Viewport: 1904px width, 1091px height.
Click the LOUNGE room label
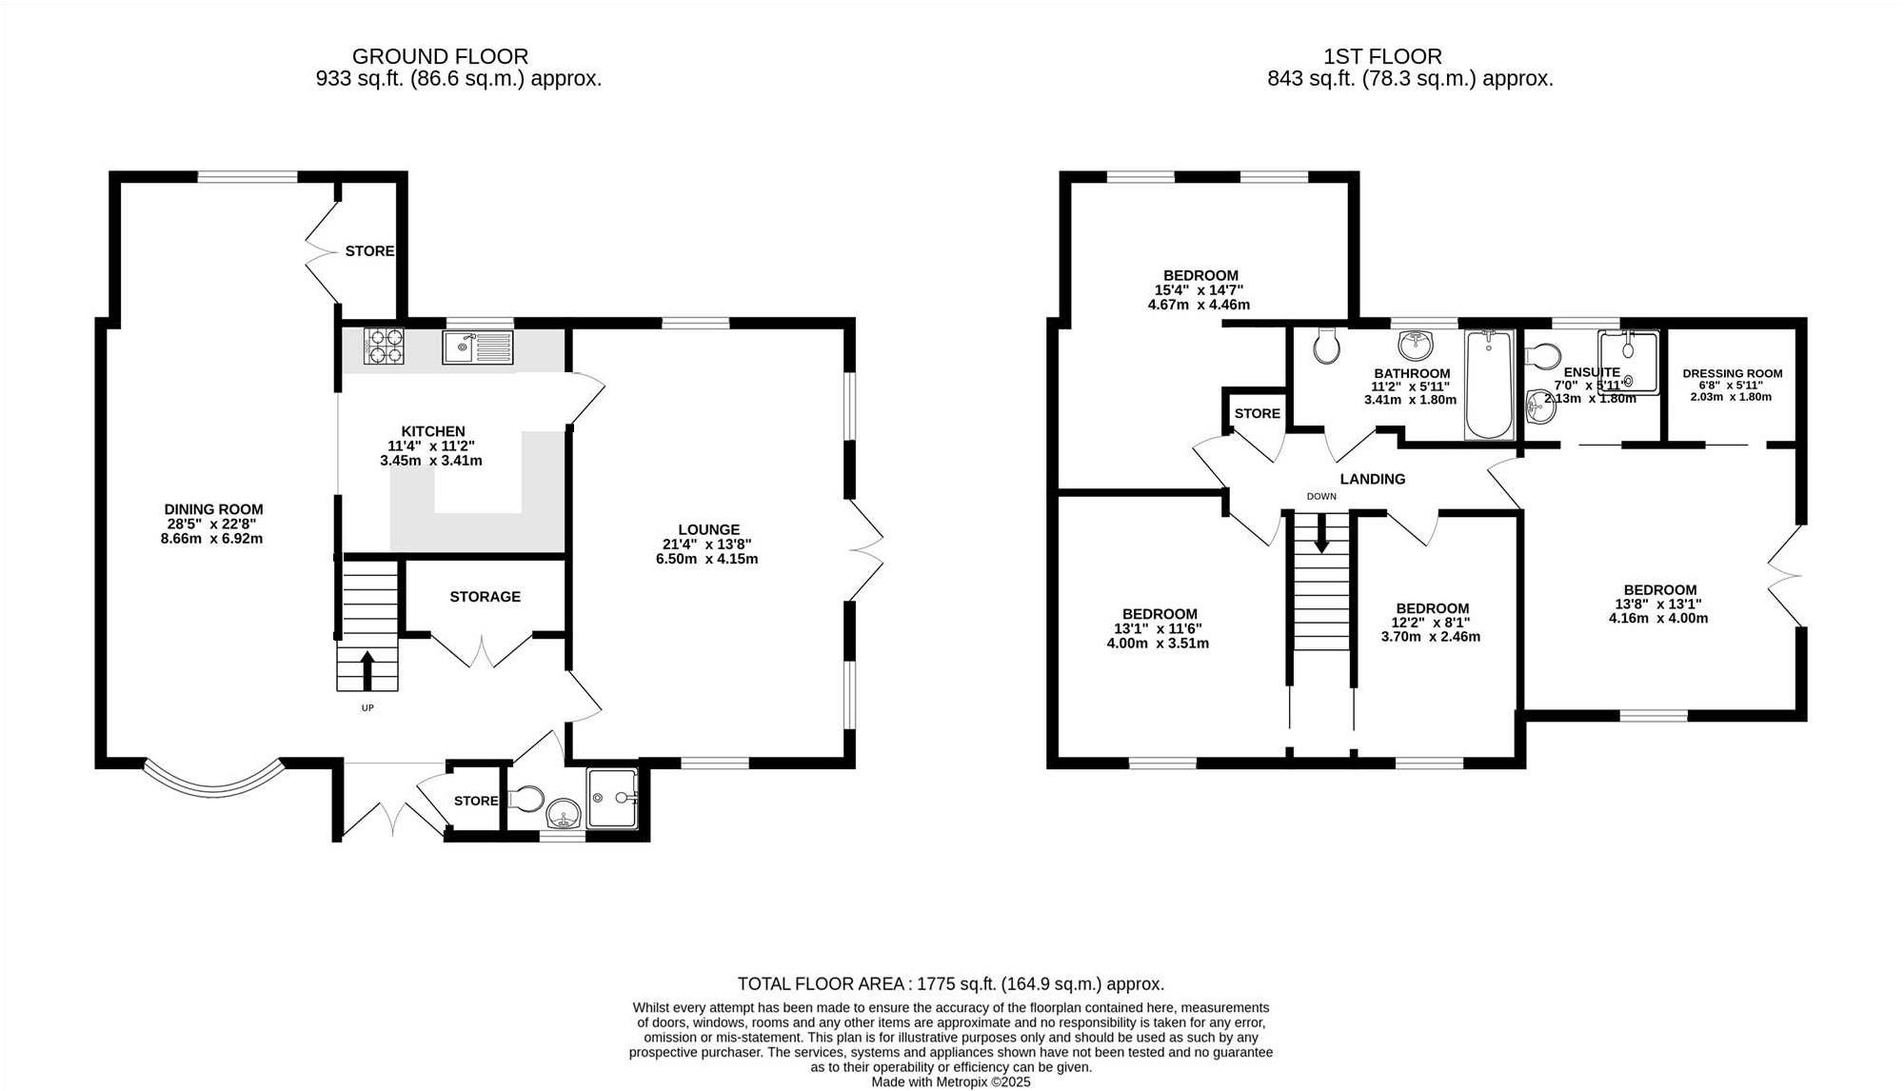(x=709, y=529)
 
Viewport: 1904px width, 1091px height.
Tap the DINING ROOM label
(x=213, y=509)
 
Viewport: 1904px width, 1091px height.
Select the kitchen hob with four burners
(x=385, y=347)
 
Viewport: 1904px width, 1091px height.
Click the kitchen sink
(x=477, y=347)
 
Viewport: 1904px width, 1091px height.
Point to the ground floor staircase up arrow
(x=367, y=670)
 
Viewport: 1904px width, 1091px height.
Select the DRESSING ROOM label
(x=1732, y=373)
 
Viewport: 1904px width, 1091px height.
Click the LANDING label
(x=1373, y=479)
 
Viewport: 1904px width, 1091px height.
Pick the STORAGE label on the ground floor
(x=486, y=596)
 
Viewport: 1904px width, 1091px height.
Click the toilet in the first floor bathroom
(x=1325, y=346)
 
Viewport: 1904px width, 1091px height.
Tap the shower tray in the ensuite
(x=1628, y=362)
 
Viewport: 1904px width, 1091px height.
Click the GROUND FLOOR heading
(x=440, y=56)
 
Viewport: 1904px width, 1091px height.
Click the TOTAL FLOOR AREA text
(x=951, y=983)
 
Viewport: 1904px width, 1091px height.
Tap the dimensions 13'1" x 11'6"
(x=1159, y=628)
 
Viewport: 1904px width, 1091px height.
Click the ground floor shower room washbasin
(x=564, y=814)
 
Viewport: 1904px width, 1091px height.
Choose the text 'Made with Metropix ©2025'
(x=951, y=1081)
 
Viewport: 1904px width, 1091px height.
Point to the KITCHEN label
(x=432, y=431)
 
